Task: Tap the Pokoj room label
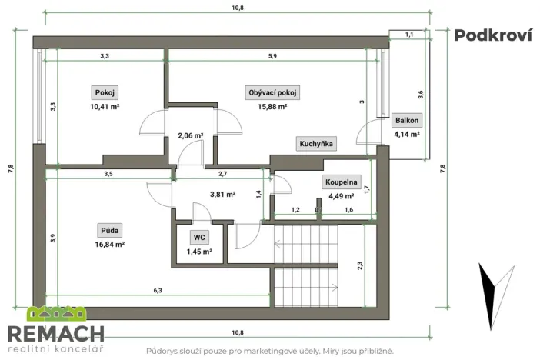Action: [104, 92]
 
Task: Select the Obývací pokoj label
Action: [272, 92]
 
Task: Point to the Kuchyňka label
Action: [315, 144]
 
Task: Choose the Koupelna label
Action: [339, 182]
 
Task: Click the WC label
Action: [199, 238]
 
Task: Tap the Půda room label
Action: [109, 230]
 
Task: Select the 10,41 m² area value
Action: [104, 107]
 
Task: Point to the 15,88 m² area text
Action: [272, 107]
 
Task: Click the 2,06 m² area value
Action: [190, 135]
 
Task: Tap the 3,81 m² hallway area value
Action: [222, 195]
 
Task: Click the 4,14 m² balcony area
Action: [406, 134]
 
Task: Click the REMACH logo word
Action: [55, 333]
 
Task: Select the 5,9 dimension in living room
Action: [272, 55]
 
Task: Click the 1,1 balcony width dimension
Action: [408, 35]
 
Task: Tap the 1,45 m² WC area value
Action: [199, 251]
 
